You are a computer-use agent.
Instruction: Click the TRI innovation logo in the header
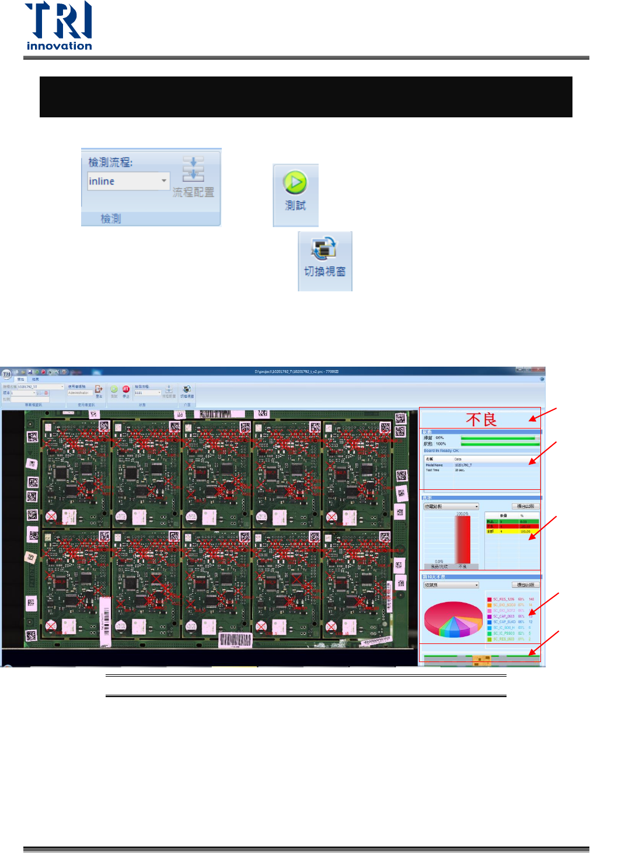[59, 26]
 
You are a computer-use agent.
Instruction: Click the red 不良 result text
[481, 419]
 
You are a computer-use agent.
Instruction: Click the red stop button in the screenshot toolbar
[126, 389]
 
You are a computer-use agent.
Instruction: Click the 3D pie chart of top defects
[453, 618]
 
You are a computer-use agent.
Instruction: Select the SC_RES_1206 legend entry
[503, 599]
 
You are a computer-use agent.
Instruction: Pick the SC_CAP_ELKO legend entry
[504, 622]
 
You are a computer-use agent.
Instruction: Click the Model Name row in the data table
[434, 465]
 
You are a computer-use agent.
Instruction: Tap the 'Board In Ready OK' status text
[441, 451]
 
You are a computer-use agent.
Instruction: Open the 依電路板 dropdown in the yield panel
[451, 506]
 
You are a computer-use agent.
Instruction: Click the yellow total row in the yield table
[512, 531]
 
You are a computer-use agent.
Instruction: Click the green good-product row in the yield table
[512, 521]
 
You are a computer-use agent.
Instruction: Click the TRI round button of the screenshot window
[7, 374]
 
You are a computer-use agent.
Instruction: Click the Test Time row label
[432, 470]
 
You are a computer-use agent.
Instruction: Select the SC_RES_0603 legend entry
[504, 639]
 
